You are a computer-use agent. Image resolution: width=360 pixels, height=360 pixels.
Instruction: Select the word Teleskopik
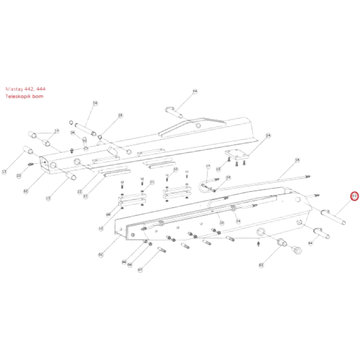coord(17,97)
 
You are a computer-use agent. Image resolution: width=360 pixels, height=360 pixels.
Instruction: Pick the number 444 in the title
coord(41,89)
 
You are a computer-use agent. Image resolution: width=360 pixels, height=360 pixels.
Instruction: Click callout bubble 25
coord(121,115)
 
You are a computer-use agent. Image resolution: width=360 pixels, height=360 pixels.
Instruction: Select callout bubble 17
coord(208,166)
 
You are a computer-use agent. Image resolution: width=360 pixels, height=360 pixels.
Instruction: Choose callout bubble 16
coord(176,169)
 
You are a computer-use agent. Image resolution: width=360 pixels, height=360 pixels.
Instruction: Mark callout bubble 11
coord(152,183)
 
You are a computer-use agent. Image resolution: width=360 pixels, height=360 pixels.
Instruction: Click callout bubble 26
coord(72,133)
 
